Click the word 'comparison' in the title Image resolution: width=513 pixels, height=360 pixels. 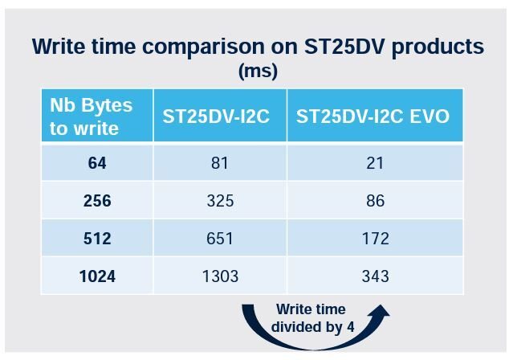pos(203,47)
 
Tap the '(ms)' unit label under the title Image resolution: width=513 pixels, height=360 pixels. pos(258,71)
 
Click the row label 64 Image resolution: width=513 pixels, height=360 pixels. pos(97,163)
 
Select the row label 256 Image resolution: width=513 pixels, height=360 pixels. pos(97,200)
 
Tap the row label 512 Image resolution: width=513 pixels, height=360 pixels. pos(97,238)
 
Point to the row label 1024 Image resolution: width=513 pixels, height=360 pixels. pos(97,276)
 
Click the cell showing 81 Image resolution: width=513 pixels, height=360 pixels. pos(220,163)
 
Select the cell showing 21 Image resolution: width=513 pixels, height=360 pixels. pos(375,163)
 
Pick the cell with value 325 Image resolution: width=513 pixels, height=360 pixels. pos(220,200)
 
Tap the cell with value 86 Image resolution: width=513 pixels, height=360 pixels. pos(375,200)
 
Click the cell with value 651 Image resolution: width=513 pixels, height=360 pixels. pos(220,238)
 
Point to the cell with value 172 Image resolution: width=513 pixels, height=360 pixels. pos(375,238)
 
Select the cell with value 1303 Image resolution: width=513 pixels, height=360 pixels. pos(220,276)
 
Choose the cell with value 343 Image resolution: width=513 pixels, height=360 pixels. pos(375,276)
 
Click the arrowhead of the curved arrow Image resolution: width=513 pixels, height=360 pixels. pos(380,311)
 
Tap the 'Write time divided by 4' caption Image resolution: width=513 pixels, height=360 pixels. pos(312,318)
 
